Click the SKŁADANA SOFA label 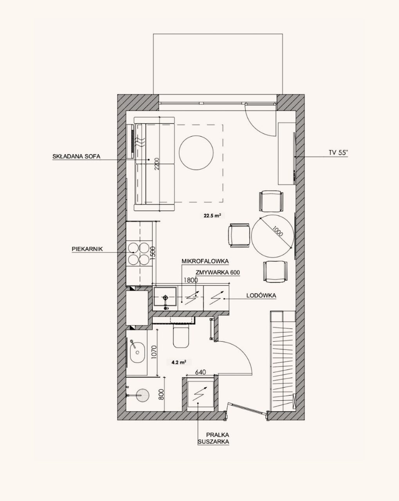coord(76,156)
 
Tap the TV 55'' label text coord(338,153)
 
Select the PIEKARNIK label coord(87,249)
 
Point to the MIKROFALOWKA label coord(205,261)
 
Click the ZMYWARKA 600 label coord(218,272)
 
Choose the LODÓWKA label coord(261,296)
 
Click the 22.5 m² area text coord(212,216)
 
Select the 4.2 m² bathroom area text coord(179,362)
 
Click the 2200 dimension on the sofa coord(157,164)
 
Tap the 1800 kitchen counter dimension coord(191,280)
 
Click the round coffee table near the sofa coord(197,153)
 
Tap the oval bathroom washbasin coord(137,352)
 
